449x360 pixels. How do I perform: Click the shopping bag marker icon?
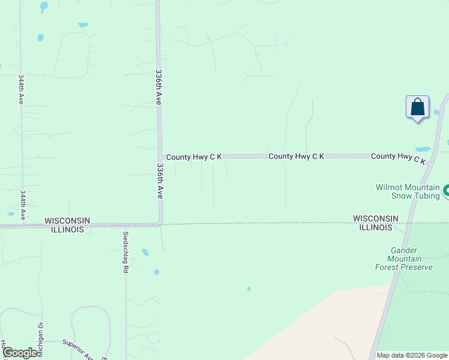point(417,107)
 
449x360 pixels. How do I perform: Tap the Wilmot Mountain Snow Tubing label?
point(408,191)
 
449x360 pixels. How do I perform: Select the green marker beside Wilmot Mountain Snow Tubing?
point(446,191)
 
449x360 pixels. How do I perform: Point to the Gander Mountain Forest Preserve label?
point(403,258)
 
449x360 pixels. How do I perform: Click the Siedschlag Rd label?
point(125,253)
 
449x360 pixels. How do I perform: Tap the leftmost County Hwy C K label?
point(194,157)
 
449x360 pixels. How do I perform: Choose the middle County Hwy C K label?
point(296,156)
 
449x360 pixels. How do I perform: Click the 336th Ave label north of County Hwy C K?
point(158,87)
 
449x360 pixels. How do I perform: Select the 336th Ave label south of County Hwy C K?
point(160,181)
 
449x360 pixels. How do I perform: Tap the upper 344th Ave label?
point(21,89)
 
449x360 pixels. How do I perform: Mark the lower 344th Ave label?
point(22,206)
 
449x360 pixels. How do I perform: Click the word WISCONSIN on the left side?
point(67,221)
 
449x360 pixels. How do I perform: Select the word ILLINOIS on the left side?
point(64,230)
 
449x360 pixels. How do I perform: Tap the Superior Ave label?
point(78,350)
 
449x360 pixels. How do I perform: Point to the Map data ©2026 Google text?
point(412,355)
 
